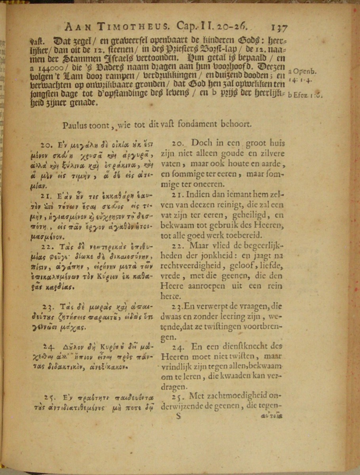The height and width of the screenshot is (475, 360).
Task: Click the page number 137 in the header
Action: click(x=279, y=27)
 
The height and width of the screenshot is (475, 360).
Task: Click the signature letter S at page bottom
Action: click(x=178, y=416)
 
